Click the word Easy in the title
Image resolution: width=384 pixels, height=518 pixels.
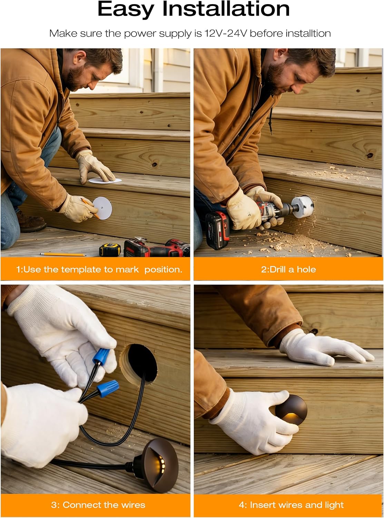click(x=126, y=9)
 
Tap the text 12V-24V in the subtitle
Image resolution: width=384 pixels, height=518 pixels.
click(x=226, y=33)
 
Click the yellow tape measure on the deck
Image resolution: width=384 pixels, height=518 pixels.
click(x=110, y=249)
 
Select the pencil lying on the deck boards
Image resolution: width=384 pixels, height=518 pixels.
click(x=63, y=254)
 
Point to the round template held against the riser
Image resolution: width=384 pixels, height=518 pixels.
click(x=103, y=208)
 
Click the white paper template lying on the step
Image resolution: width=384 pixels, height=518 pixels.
click(x=105, y=181)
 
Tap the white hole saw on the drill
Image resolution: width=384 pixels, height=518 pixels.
click(x=303, y=207)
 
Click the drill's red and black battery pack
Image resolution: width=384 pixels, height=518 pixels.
click(x=218, y=230)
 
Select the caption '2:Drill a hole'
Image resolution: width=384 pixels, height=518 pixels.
click(x=288, y=269)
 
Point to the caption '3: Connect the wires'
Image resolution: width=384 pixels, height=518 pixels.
click(x=98, y=505)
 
